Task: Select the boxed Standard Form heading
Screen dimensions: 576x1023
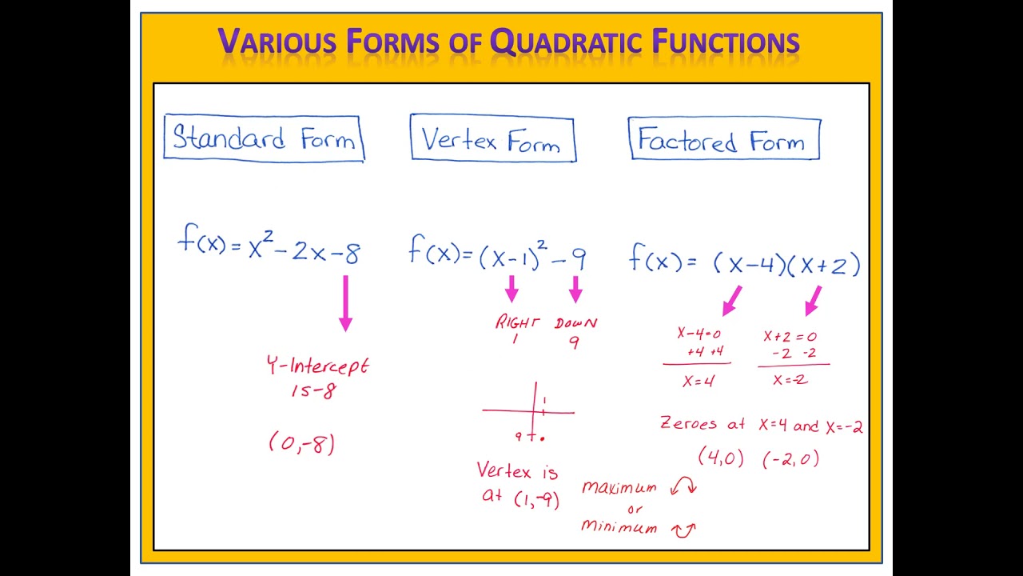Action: click(x=264, y=139)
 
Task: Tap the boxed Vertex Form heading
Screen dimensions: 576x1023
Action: click(x=492, y=141)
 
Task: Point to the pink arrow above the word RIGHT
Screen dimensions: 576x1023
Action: click(x=512, y=289)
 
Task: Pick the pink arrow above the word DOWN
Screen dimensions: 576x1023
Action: click(x=575, y=289)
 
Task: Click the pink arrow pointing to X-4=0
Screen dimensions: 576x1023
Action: click(x=731, y=300)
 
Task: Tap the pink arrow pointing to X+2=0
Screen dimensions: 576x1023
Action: click(x=814, y=300)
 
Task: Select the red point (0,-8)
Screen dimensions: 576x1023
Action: click(x=301, y=443)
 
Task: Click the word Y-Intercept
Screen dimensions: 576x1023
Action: click(x=317, y=366)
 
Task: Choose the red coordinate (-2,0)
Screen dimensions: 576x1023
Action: click(x=790, y=458)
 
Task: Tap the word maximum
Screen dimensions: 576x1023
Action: click(x=619, y=487)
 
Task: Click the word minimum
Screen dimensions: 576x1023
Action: click(x=619, y=526)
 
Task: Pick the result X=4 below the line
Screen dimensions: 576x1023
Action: click(x=698, y=382)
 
